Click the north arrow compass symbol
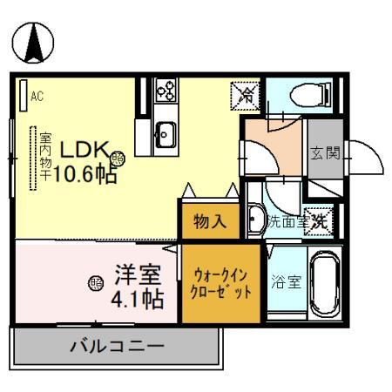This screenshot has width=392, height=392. click(31, 44)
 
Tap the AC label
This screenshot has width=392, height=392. click(37, 96)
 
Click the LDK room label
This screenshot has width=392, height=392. click(83, 151)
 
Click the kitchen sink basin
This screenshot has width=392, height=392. click(165, 133)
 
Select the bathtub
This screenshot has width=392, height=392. click(324, 285)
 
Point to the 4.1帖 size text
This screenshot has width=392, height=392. click(137, 301)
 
